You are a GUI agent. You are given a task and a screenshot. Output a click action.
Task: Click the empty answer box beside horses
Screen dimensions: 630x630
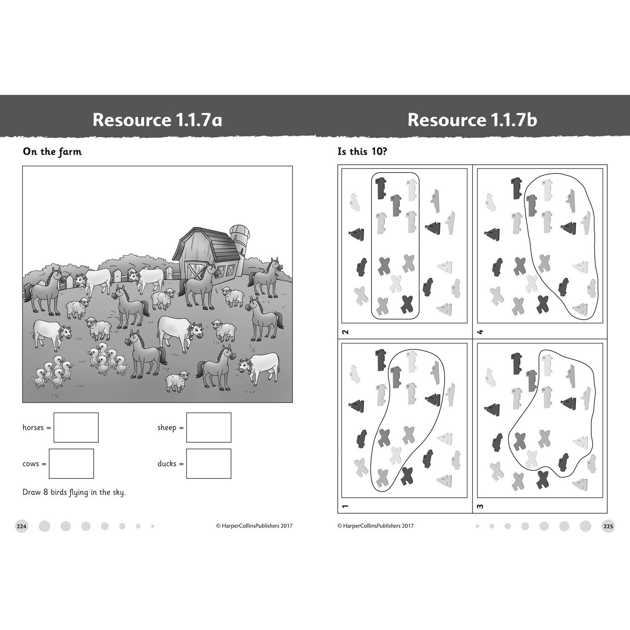76,428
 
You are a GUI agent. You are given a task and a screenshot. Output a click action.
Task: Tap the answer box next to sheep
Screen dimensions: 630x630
209,428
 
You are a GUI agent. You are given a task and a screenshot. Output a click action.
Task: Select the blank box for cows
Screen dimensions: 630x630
71,464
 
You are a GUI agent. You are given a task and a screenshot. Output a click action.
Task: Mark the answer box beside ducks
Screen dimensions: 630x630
209,464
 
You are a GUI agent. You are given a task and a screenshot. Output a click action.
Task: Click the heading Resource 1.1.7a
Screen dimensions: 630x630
157,120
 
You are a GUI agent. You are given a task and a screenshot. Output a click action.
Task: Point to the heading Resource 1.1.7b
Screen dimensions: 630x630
472,120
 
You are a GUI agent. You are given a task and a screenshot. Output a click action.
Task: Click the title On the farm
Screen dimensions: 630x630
52,152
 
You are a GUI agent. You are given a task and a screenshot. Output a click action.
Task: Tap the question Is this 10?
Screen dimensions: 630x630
362,152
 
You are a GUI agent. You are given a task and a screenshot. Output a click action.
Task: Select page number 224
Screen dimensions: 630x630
22,526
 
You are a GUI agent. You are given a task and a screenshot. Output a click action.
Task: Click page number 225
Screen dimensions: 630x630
608,526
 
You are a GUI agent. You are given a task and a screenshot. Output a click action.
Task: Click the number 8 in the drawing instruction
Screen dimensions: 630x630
45,492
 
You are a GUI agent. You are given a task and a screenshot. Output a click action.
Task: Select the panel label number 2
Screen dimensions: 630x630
346,332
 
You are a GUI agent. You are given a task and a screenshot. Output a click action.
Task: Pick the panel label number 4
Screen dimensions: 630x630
481,332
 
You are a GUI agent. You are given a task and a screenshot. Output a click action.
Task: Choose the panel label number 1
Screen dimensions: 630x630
346,506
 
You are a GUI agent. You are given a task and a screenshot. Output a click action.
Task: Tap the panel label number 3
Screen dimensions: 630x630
481,506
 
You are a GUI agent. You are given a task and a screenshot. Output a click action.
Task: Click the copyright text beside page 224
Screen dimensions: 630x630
254,526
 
